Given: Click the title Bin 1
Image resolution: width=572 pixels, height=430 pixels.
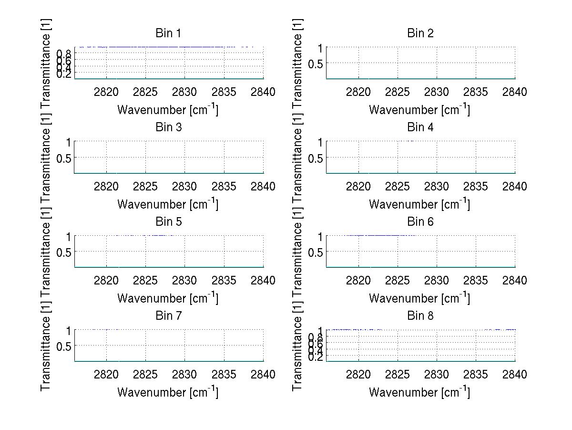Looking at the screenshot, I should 168,33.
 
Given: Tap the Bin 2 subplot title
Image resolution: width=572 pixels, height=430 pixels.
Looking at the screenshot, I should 420,33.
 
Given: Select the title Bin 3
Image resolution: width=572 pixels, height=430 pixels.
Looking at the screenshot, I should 168,127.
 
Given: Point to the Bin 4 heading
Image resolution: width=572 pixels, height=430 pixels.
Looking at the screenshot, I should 420,127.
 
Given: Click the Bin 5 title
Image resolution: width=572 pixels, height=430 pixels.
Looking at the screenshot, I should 168,222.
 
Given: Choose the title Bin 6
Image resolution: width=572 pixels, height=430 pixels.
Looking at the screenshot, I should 420,222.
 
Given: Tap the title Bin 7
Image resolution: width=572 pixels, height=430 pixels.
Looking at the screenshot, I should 168,316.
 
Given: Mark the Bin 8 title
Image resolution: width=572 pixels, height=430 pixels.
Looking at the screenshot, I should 420,316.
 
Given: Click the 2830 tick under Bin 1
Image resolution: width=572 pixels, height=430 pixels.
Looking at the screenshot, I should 184,92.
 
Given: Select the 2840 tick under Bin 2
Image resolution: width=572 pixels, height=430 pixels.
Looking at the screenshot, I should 514,92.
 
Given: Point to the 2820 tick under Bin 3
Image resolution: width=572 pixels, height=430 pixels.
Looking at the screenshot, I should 106,187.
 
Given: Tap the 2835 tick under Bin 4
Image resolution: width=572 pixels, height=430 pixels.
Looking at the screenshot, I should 475,187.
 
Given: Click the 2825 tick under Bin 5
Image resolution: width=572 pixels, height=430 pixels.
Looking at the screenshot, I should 145,281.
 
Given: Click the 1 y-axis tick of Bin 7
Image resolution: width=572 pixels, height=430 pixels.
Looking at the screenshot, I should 69,331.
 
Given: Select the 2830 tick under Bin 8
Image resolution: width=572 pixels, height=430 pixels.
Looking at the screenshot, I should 436,375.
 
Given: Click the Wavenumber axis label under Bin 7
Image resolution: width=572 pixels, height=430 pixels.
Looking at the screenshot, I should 168,392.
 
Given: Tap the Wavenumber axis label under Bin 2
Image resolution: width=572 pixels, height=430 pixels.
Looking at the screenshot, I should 419,110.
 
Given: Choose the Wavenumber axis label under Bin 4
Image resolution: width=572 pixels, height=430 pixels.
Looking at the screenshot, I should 419,204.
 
